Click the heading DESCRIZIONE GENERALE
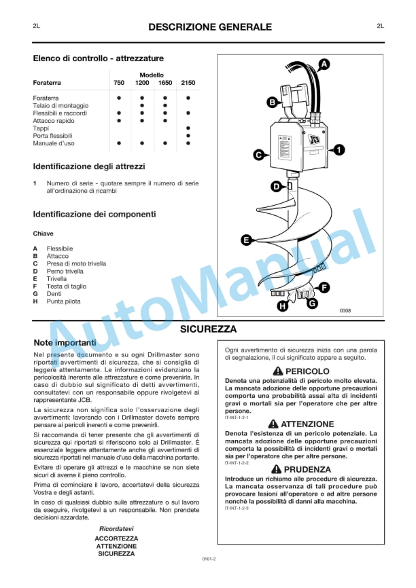pyautogui.click(x=209, y=27)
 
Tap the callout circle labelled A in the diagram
pyautogui.click(x=324, y=64)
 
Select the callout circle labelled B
pyautogui.click(x=271, y=103)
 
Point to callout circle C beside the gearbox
pyautogui.click(x=258, y=155)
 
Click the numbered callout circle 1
pyautogui.click(x=339, y=149)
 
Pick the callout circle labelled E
pyautogui.click(x=246, y=239)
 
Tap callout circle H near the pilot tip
pyautogui.click(x=282, y=306)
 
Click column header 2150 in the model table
pyautogui.click(x=188, y=83)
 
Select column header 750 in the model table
pyautogui.click(x=119, y=83)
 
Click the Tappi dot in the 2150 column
pyautogui.click(x=188, y=128)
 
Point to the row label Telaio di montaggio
pyautogui.click(x=60, y=106)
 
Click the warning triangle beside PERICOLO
pyautogui.click(x=277, y=371)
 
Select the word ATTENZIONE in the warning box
pyautogui.click(x=307, y=424)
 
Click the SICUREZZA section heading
pyautogui.click(x=208, y=329)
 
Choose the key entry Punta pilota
pyautogui.click(x=63, y=301)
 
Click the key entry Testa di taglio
pyautogui.click(x=66, y=286)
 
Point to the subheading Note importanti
pyautogui.click(x=65, y=342)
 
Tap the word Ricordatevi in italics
pyautogui.click(x=116, y=528)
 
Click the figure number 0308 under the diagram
pyautogui.click(x=345, y=310)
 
